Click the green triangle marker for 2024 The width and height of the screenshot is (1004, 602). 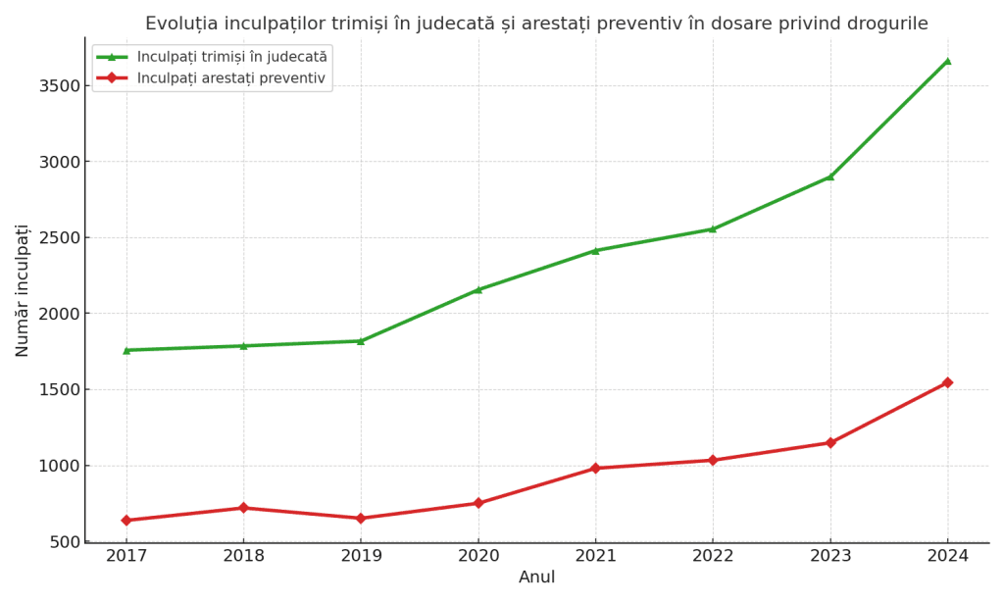947,61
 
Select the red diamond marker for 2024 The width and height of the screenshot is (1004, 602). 947,382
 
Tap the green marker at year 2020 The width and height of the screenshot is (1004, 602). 478,289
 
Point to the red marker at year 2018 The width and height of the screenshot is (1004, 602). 243,508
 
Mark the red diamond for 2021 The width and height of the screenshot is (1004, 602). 595,468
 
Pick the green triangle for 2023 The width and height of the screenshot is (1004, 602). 830,176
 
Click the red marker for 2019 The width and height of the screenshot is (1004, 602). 361,518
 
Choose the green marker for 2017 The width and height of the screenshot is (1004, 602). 126,350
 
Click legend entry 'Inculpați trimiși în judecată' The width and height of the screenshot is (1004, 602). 231,58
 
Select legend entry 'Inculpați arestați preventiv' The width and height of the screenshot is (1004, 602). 230,78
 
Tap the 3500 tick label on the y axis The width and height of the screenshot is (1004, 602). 59,86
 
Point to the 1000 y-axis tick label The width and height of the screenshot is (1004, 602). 59,466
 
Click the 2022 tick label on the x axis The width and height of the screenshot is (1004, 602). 713,556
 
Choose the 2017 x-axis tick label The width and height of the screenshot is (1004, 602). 126,556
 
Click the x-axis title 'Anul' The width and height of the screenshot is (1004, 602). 536,577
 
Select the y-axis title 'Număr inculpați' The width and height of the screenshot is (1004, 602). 23,290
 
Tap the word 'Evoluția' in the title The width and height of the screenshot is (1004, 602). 181,24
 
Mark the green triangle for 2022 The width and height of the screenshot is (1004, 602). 713,228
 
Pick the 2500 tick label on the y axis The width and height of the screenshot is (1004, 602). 59,238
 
